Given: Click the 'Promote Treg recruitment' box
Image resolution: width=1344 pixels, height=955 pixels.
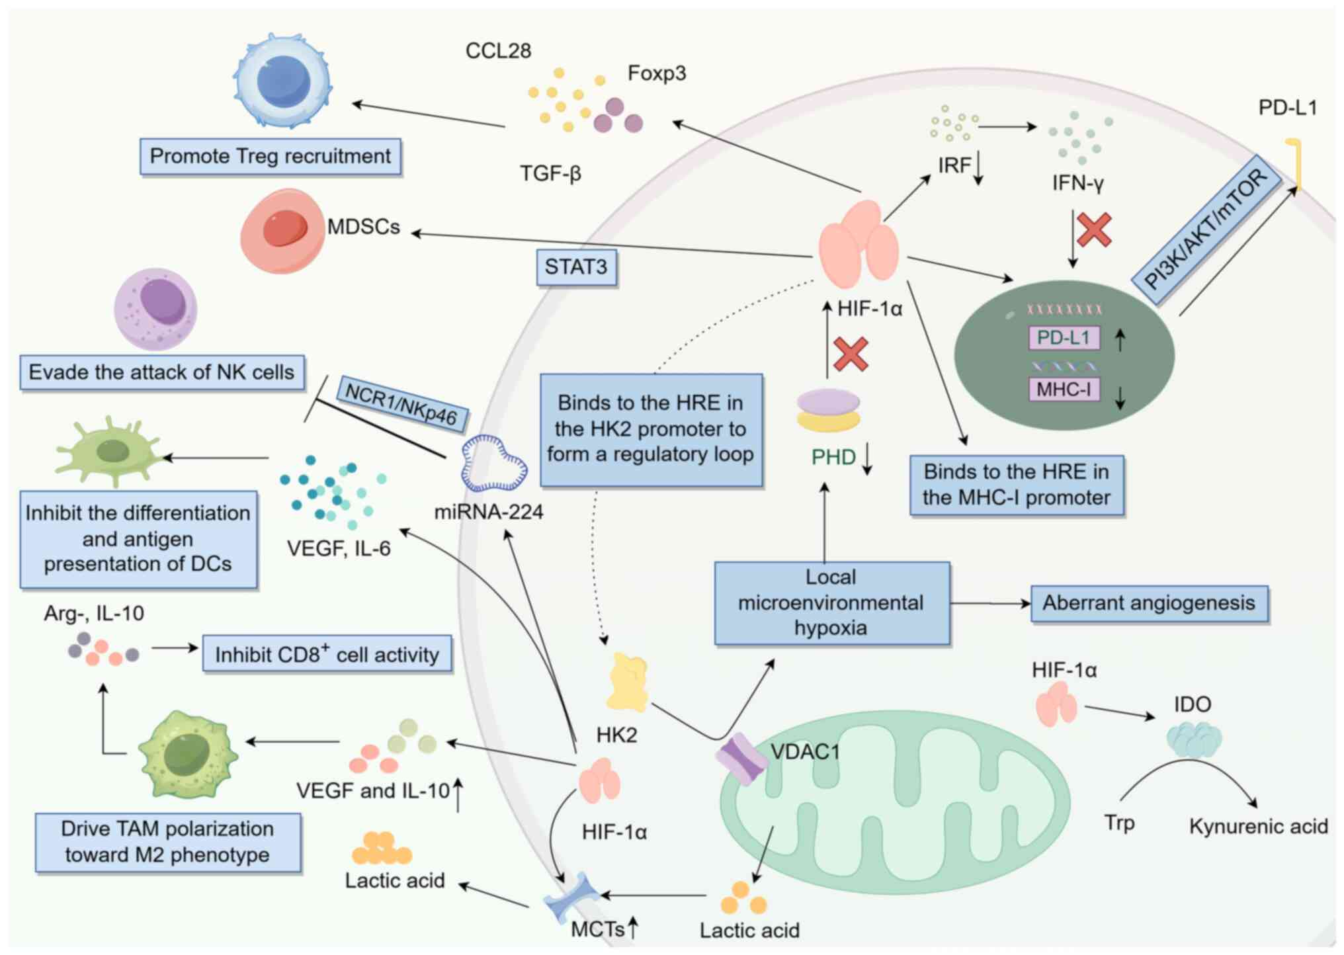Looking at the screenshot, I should (x=270, y=157).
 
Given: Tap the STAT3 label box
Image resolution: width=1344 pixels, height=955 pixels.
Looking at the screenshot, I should (x=575, y=267).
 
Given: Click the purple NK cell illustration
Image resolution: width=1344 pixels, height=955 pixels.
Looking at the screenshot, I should (x=156, y=308).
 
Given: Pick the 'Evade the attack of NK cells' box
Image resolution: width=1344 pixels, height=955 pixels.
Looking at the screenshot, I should (x=162, y=372).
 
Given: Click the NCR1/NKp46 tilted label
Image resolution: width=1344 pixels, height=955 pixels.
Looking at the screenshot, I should (x=401, y=403).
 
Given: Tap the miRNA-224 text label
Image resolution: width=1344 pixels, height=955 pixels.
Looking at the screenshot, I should (x=488, y=511).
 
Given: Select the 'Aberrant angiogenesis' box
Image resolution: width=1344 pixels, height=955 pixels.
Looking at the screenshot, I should (x=1149, y=603).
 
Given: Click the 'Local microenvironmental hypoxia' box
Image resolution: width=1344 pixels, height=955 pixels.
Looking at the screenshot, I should (x=831, y=602).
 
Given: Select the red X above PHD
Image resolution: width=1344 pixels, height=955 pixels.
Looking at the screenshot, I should (x=851, y=354).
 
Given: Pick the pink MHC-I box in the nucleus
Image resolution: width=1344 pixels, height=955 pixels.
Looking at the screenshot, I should (x=1064, y=389).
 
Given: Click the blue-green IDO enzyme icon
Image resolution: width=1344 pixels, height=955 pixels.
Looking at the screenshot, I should (x=1194, y=739).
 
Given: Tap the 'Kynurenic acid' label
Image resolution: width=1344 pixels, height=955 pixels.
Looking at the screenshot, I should (x=1258, y=827).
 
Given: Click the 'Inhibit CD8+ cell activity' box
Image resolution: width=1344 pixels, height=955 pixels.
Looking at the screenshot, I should (x=327, y=654).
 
